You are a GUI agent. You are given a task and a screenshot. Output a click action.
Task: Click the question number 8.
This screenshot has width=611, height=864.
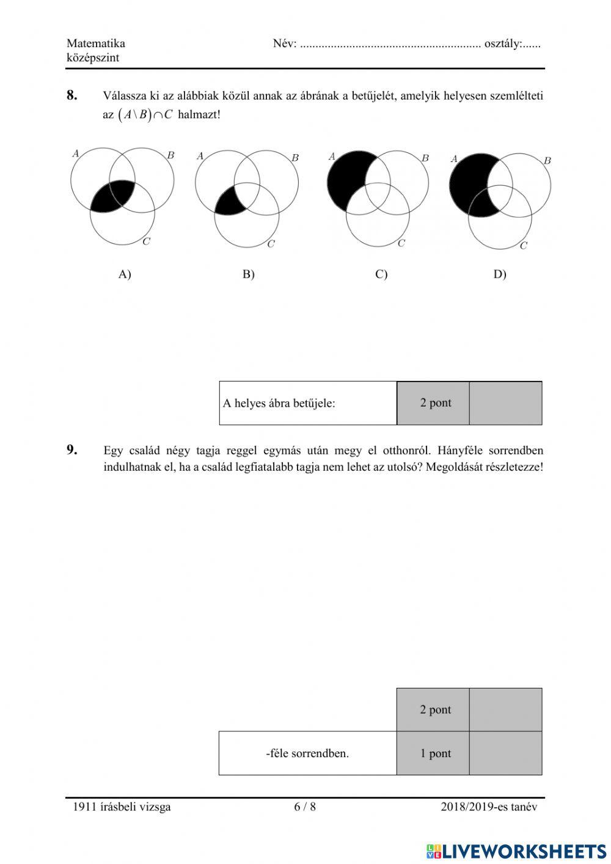72,95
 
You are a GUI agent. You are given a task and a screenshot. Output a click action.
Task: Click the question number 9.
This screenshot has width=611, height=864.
72,451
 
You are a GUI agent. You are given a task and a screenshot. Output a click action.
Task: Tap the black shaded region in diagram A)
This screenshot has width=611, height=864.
113,196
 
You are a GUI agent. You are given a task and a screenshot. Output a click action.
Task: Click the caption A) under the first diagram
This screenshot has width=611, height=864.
125,274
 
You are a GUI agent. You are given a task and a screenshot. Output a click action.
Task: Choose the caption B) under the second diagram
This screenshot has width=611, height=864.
248,274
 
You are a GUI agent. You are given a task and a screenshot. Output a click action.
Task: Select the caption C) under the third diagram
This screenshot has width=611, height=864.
381,274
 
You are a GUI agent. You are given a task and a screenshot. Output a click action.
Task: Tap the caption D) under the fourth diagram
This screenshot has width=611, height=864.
500,274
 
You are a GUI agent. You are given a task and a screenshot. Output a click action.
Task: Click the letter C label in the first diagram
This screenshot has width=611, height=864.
146,242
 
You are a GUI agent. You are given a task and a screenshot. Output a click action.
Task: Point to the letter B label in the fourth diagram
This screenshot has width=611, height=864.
547,161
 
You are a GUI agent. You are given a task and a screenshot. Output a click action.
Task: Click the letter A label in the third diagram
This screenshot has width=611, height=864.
332,157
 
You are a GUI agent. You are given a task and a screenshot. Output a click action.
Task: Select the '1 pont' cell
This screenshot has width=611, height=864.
435,753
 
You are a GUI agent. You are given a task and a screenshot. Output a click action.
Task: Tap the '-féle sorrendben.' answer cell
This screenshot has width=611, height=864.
307,753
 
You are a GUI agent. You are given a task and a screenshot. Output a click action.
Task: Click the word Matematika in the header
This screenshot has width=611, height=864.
96,43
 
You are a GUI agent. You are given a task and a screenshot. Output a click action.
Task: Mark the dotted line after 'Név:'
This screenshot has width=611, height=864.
390,45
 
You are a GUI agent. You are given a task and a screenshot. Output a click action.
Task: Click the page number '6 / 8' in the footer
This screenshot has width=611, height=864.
305,807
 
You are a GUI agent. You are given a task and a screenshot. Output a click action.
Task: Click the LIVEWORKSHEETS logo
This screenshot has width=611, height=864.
516,851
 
